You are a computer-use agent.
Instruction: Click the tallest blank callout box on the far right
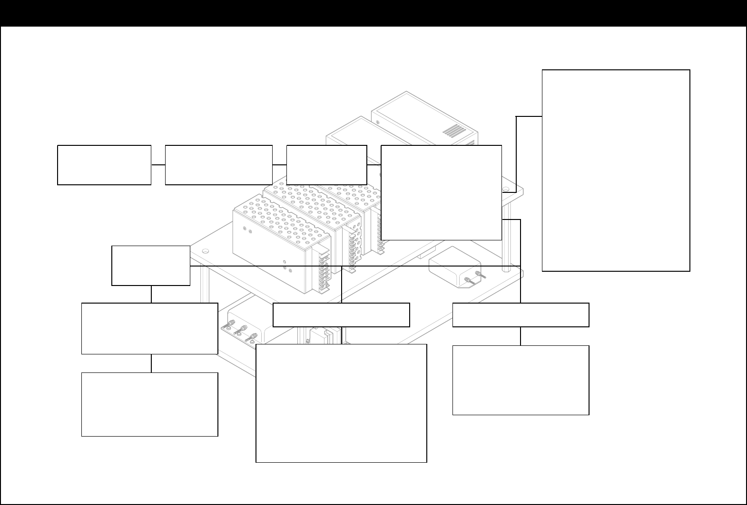[616, 171]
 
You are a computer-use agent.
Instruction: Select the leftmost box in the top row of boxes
[104, 165]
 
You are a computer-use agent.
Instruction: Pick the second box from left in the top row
[218, 165]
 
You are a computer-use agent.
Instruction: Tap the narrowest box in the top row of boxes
[327, 164]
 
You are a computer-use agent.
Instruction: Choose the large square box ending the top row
[442, 192]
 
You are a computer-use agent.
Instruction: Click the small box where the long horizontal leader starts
[151, 266]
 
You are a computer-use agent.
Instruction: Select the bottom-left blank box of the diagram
[150, 404]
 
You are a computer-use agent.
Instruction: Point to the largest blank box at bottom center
[341, 403]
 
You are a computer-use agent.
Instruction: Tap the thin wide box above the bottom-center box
[341, 315]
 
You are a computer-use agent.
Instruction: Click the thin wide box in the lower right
[521, 315]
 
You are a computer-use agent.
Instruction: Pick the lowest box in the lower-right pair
[521, 380]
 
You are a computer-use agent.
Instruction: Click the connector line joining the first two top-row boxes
[158, 164]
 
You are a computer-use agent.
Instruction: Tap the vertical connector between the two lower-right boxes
[521, 336]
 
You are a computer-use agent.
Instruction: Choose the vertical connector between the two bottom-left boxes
[151, 363]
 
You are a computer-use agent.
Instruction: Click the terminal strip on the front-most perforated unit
[324, 273]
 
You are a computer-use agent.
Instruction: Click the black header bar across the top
[373, 13]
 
